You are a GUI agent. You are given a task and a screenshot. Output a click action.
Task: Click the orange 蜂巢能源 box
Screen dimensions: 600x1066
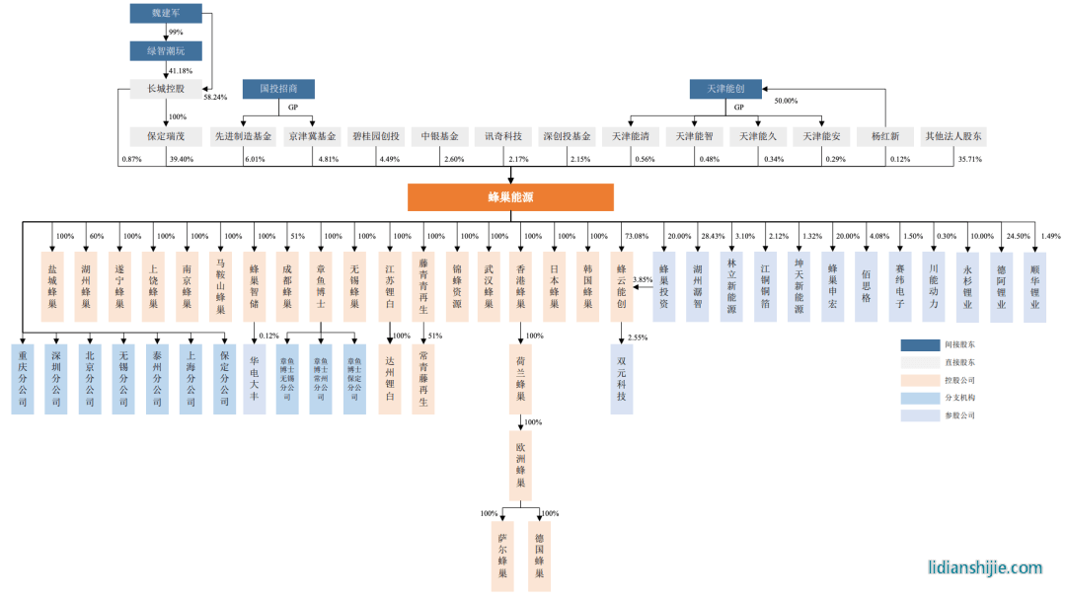click(510, 197)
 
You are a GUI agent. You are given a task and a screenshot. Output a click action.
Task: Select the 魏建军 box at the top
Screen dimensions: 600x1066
click(166, 13)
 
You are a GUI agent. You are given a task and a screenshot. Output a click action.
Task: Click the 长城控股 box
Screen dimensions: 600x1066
click(166, 89)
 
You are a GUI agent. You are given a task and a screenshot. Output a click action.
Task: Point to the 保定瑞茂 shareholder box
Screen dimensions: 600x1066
click(166, 136)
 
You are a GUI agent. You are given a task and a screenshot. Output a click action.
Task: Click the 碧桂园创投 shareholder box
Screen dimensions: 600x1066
click(376, 136)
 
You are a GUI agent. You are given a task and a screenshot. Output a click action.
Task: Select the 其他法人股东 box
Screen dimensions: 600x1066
click(952, 136)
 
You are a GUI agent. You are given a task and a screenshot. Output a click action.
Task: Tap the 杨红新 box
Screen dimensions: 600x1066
click(885, 136)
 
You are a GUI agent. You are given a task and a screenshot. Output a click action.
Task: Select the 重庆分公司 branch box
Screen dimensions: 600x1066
click(23, 378)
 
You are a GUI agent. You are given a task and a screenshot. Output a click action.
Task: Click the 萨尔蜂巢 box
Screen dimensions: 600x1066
click(502, 557)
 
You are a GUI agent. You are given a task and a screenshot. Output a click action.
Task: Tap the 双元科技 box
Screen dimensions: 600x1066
click(622, 378)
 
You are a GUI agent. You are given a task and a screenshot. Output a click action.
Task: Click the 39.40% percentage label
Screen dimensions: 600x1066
click(182, 160)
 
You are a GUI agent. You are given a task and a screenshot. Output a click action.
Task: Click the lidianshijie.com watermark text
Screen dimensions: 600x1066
click(985, 567)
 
